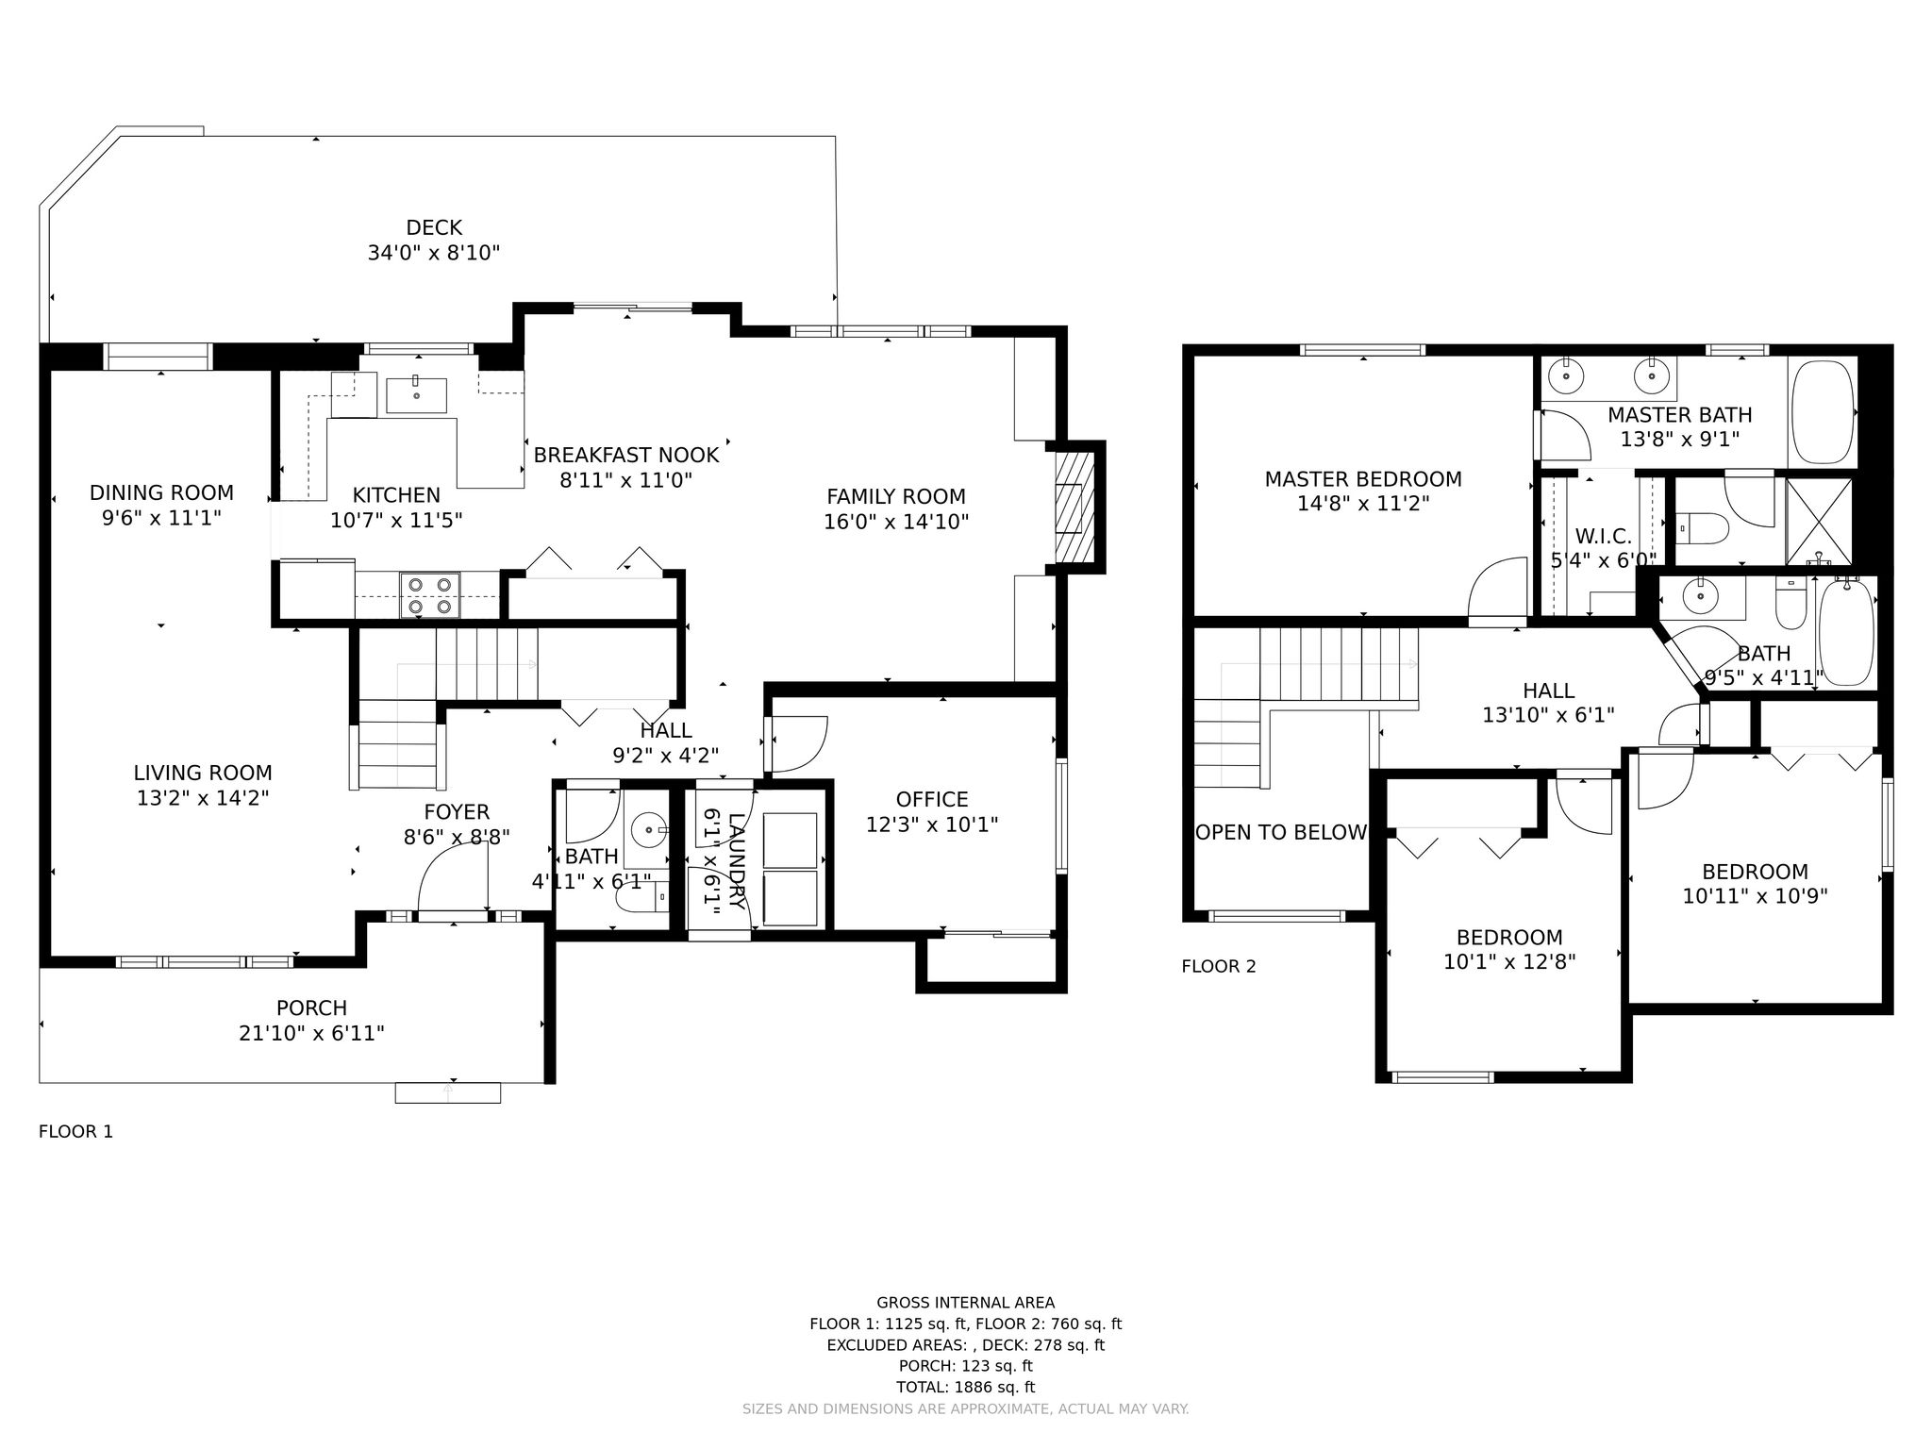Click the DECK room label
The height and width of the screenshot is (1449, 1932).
click(x=434, y=227)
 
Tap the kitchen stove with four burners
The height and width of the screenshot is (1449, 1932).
click(x=429, y=595)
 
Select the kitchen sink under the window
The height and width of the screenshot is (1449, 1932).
click(x=416, y=395)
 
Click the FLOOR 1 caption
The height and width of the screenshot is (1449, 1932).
click(x=75, y=1131)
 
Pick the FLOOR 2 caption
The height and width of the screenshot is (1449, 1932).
click(x=1219, y=966)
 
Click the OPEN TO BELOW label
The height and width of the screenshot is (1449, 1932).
click(x=1280, y=832)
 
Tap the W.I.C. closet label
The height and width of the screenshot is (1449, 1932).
click(x=1603, y=537)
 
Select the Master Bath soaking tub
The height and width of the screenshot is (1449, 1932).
click(x=1822, y=411)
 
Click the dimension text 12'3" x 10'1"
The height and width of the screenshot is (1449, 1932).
click(x=932, y=824)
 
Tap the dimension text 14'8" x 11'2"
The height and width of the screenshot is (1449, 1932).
click(x=1363, y=504)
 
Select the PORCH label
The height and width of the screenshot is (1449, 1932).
click(x=311, y=1008)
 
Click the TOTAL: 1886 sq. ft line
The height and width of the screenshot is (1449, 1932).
click(x=965, y=1387)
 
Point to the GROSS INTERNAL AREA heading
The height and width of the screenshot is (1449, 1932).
click(x=966, y=1303)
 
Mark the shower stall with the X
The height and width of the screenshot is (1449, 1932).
click(x=1819, y=522)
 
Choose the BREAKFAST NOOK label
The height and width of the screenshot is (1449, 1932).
click(x=626, y=455)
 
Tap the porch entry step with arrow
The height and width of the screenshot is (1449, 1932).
click(x=448, y=1092)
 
